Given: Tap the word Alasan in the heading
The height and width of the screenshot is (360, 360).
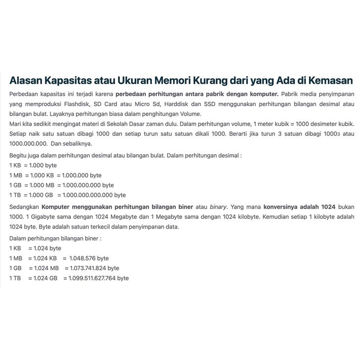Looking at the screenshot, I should (28, 81).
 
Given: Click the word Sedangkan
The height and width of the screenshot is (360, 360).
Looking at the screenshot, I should (24, 207).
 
